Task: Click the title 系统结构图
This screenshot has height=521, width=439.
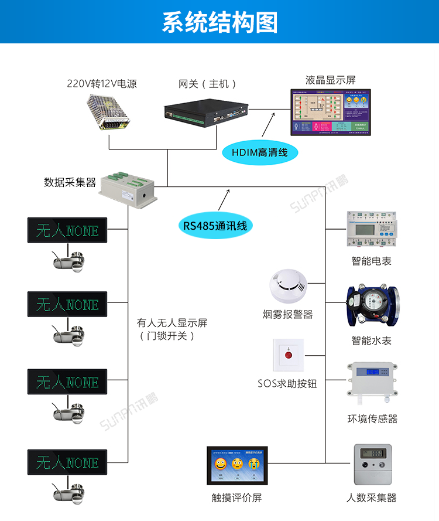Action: [220, 22]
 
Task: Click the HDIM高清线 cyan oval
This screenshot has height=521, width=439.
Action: [260, 153]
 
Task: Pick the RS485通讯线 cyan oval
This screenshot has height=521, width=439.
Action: [215, 226]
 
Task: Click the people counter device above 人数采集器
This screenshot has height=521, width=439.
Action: [371, 465]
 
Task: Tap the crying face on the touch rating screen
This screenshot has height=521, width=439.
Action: [253, 465]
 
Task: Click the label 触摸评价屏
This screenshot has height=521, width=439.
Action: [236, 498]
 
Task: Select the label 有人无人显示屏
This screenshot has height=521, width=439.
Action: [172, 323]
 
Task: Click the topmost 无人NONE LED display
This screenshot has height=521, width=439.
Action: [67, 230]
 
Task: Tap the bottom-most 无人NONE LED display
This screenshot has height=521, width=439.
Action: [67, 462]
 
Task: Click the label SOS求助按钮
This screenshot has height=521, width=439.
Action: [287, 384]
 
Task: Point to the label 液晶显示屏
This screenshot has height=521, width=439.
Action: [331, 80]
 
